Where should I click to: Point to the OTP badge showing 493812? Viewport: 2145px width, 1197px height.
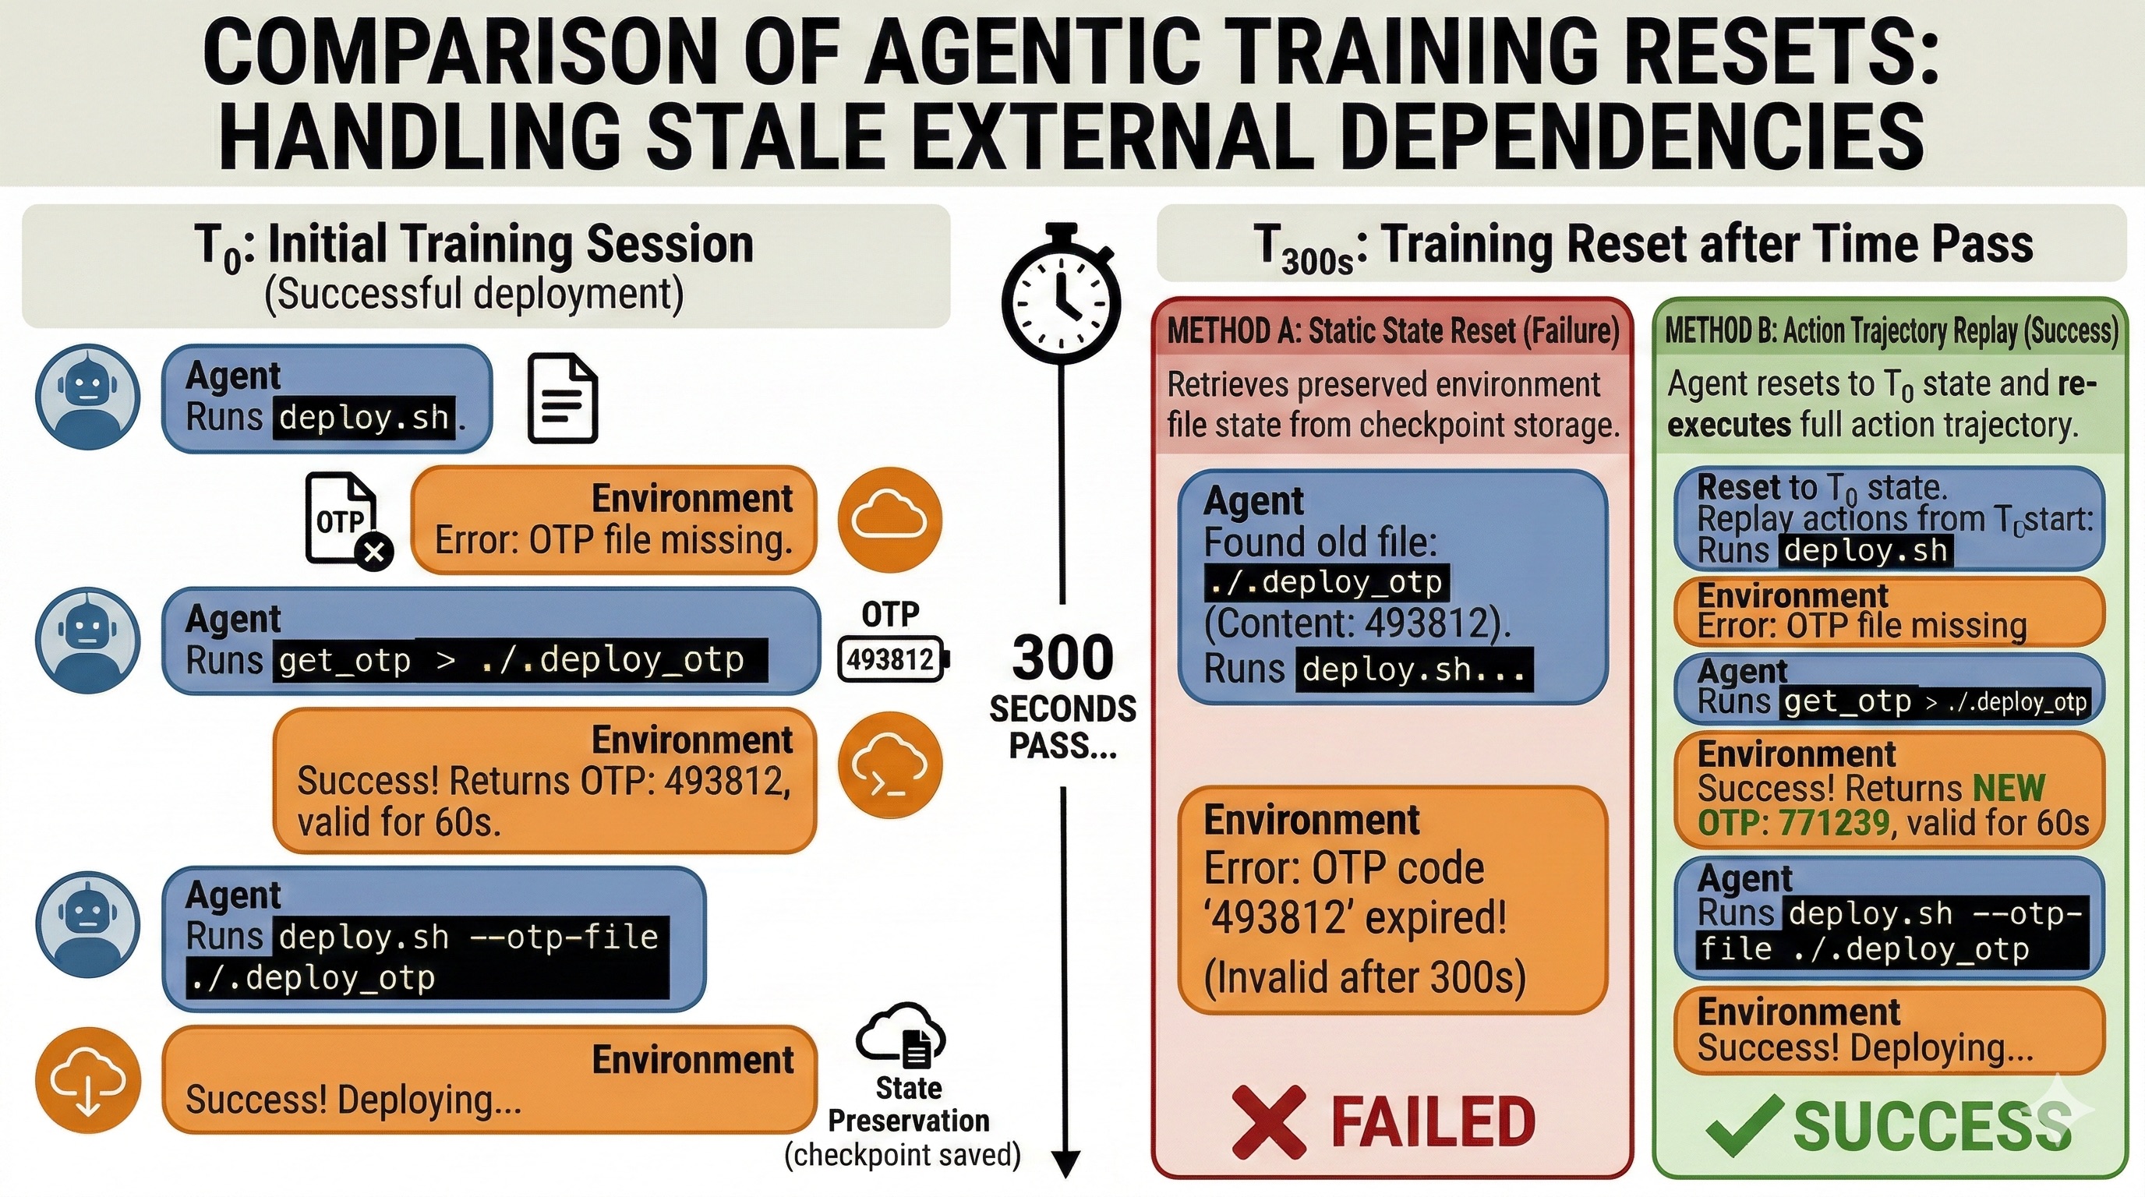coord(892,659)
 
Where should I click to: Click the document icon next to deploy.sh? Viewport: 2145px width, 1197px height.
coord(563,398)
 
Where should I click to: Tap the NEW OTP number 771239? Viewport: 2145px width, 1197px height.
coord(1835,822)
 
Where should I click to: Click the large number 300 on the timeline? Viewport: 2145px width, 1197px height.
coord(1062,658)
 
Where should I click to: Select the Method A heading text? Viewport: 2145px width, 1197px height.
coord(1393,331)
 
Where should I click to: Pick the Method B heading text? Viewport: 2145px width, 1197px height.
coord(1891,331)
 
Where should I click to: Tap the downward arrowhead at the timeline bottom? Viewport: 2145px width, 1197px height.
coord(1065,1163)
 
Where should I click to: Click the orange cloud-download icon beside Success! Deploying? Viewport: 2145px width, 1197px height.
coord(87,1080)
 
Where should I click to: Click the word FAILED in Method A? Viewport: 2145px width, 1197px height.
coord(1433,1121)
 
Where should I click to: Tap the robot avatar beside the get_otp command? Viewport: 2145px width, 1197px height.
coord(87,639)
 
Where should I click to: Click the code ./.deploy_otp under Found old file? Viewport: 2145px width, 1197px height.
coord(1327,582)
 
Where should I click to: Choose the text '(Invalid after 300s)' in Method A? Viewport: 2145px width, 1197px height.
coord(1365,976)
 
